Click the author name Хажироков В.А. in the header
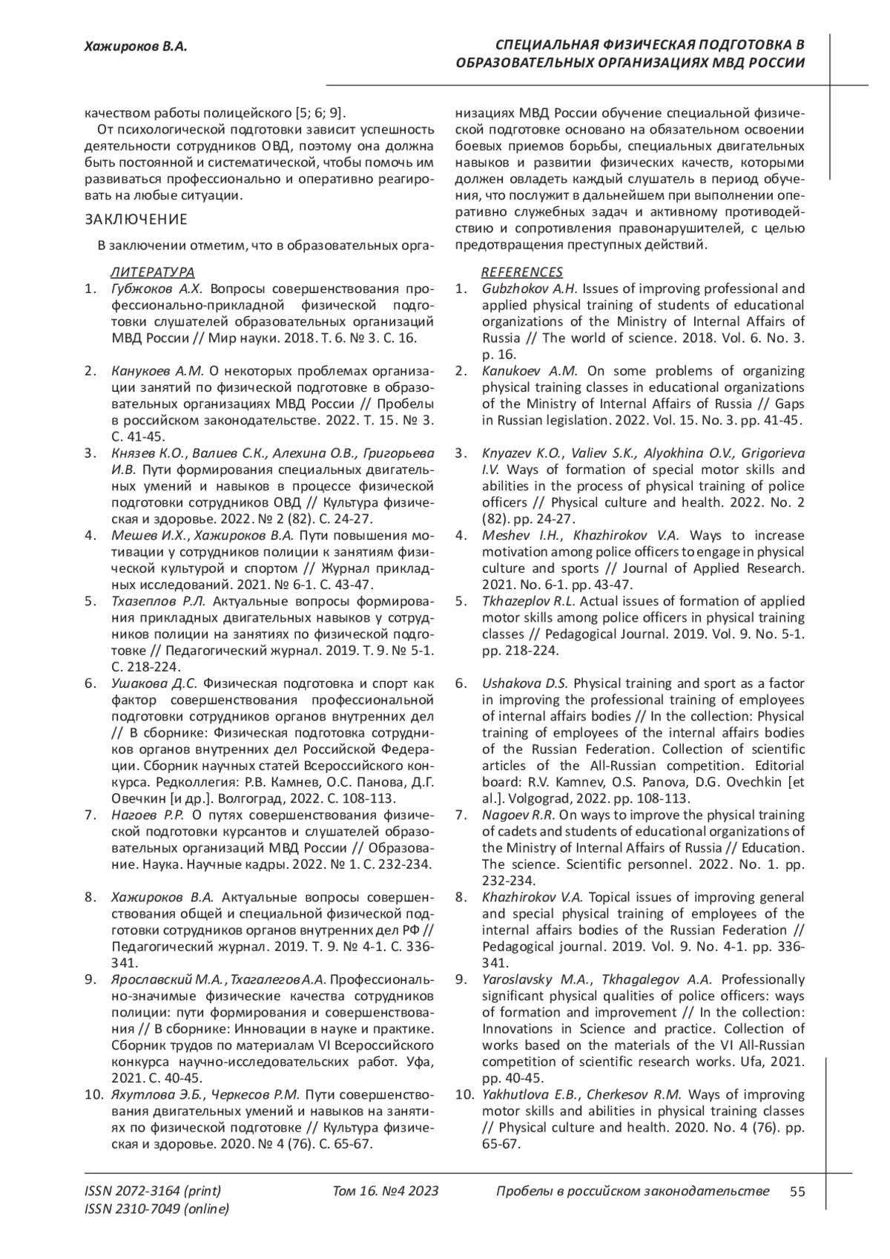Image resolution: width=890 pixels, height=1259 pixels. tap(134, 47)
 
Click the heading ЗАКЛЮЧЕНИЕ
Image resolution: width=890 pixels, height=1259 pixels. tap(136, 220)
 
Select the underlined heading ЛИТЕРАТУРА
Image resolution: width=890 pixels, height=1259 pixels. tap(153, 272)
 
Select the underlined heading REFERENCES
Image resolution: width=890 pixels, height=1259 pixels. tap(522, 272)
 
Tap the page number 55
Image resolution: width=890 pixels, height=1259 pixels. tap(797, 1191)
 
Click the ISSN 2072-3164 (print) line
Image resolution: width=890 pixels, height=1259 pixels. tap(153, 1191)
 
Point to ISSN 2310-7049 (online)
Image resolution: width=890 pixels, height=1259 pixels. tap(157, 1209)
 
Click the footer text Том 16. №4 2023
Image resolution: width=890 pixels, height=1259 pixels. tap(386, 1191)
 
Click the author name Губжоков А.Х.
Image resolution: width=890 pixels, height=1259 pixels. tap(160, 289)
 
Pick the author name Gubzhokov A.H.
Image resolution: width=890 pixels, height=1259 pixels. tap(530, 289)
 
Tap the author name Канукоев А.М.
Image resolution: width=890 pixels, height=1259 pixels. tap(157, 371)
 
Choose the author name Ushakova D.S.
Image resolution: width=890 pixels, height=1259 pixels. tap(525, 683)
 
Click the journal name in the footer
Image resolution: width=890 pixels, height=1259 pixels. tap(631, 1191)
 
